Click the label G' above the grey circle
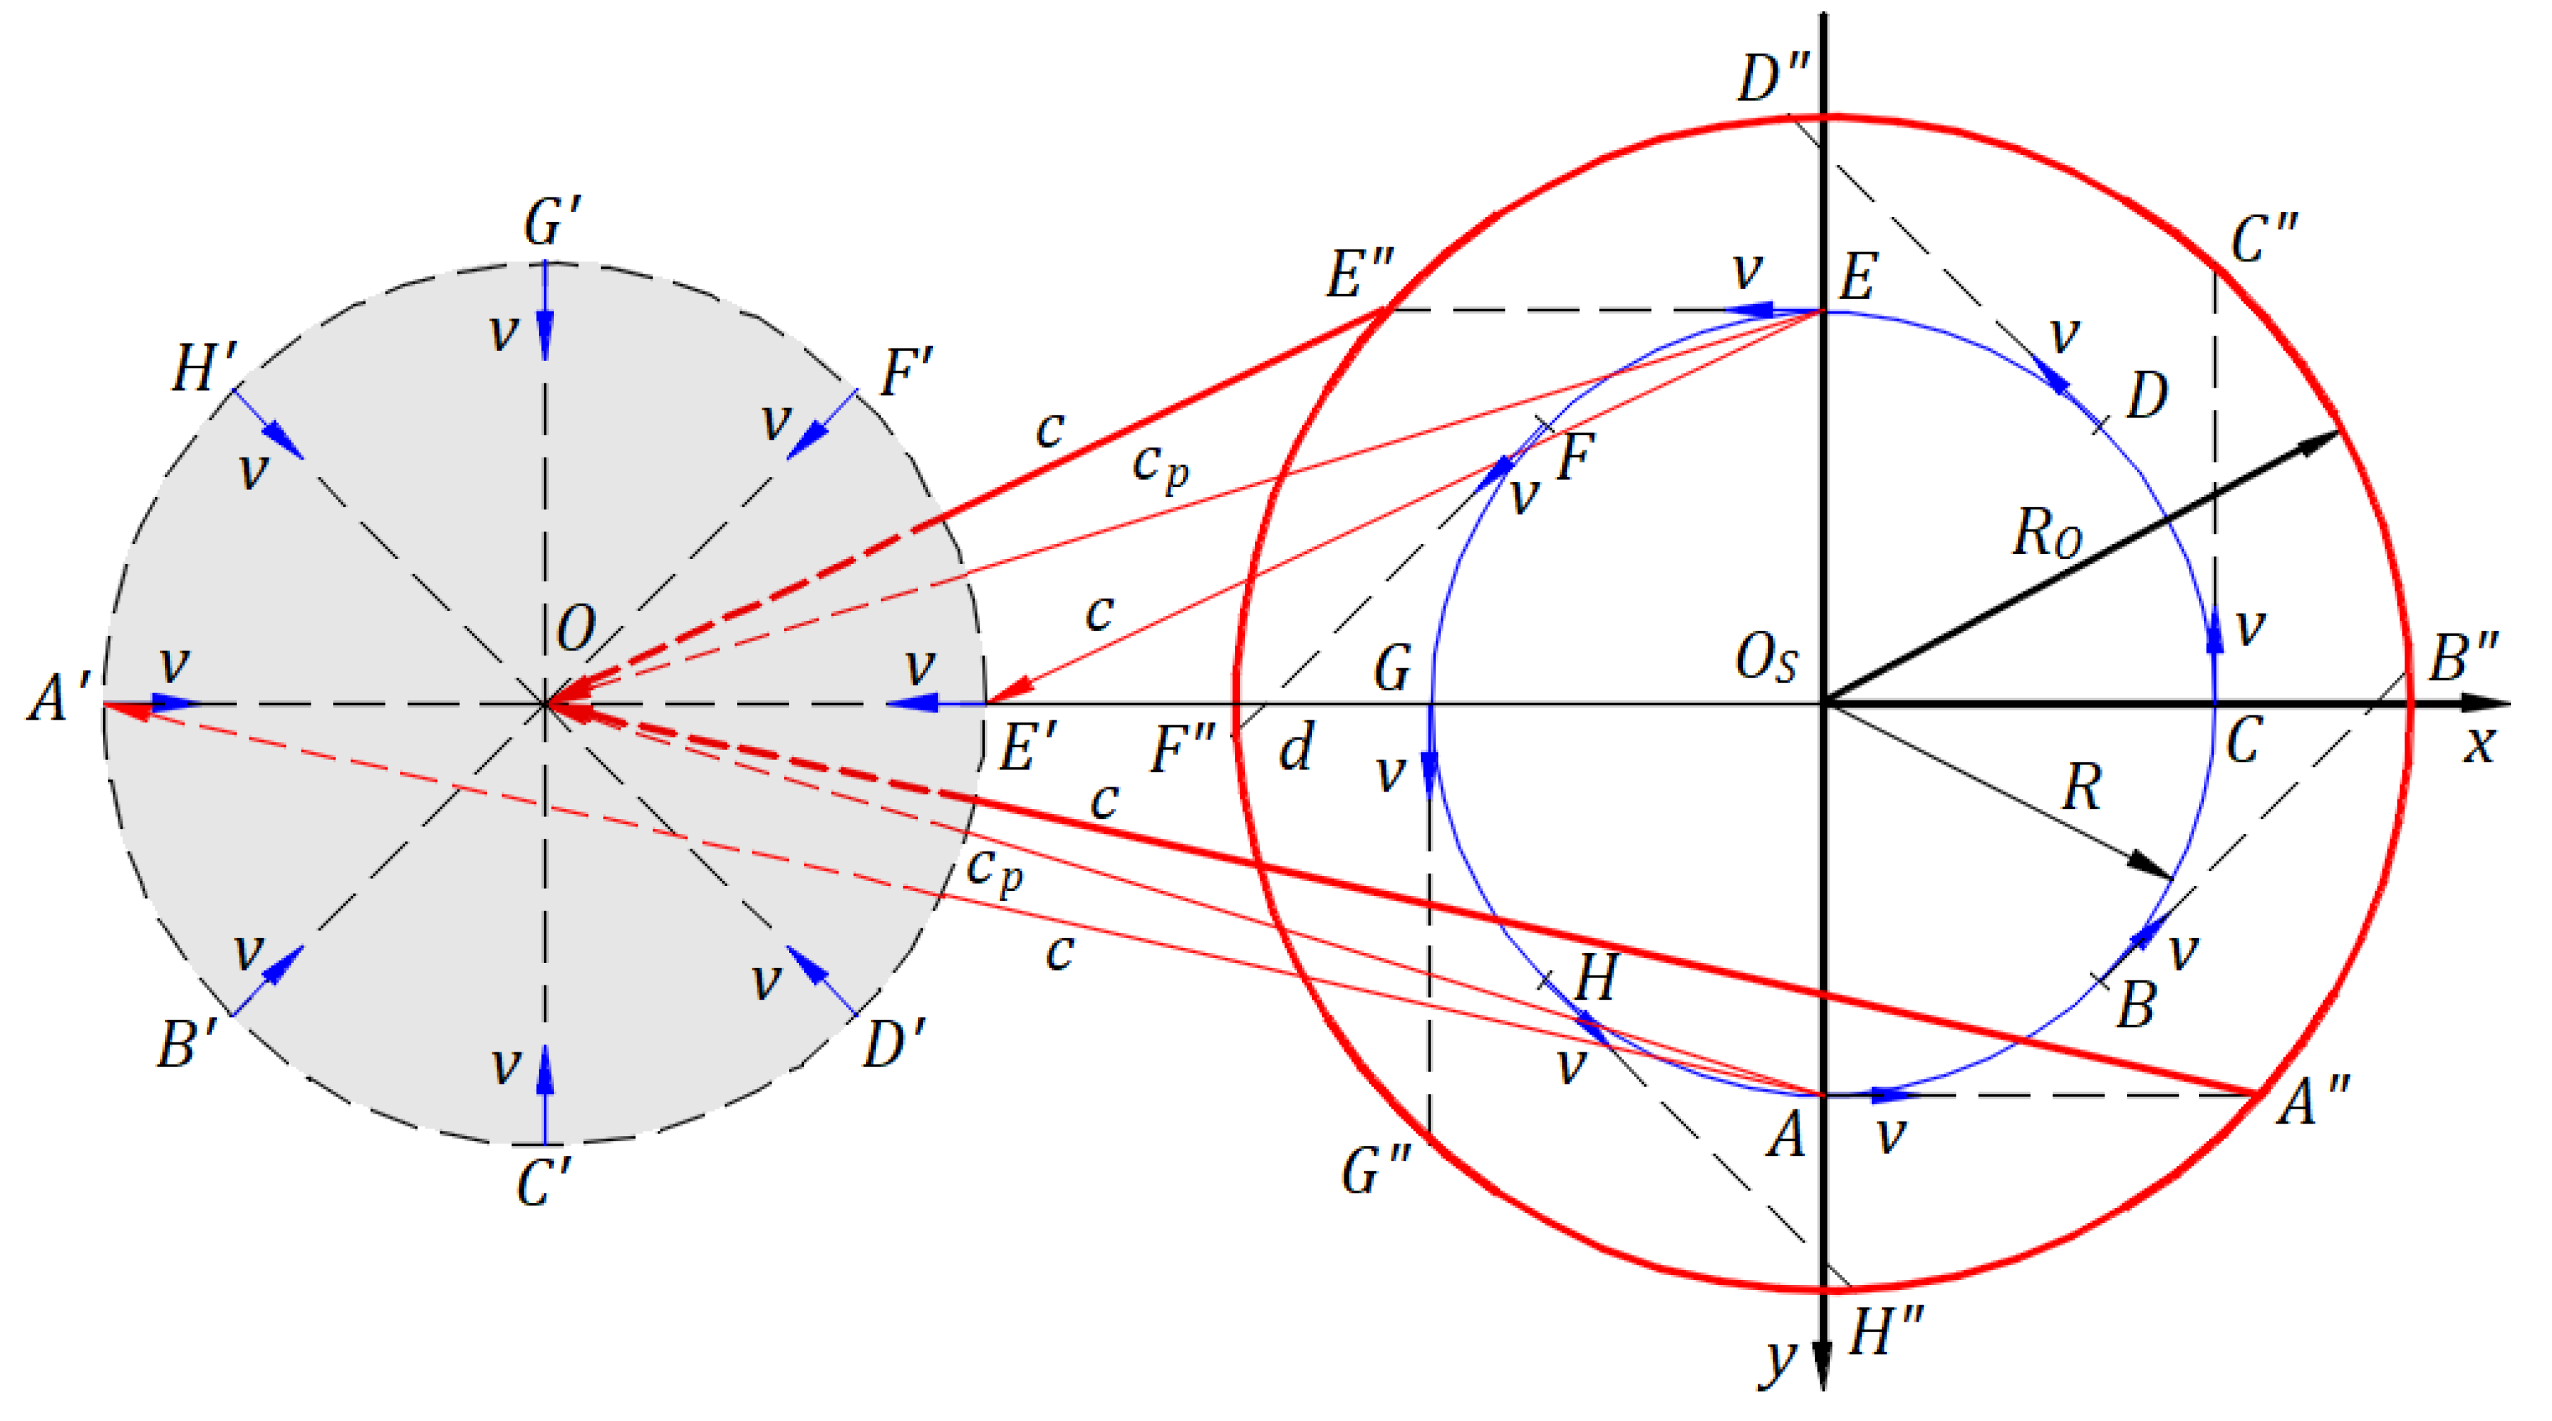[x=551, y=222]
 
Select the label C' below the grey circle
[x=543, y=1182]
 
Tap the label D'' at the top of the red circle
[x=1773, y=78]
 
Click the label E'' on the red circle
[x=1359, y=273]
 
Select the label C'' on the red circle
[x=2262, y=239]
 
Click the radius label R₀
[x=2047, y=533]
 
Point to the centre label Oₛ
[x=1766, y=658]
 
